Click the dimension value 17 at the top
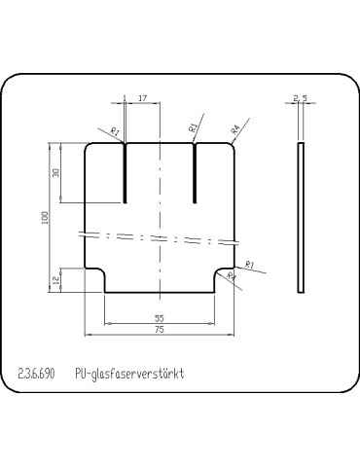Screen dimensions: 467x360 [143, 98]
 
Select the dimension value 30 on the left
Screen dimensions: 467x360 [56, 172]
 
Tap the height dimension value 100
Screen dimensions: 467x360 [45, 216]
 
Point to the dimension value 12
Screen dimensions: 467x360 [56, 280]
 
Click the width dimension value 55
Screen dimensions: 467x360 [160, 318]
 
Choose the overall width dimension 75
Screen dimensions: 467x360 [160, 331]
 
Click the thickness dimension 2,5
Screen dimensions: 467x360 [300, 98]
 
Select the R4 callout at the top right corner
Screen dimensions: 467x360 [235, 127]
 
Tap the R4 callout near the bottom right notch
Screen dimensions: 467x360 [232, 277]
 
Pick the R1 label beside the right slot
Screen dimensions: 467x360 [193, 127]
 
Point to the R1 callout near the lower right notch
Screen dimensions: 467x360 [249, 265]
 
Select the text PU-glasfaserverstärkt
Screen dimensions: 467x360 [128, 374]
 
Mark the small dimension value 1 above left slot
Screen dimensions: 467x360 [125, 98]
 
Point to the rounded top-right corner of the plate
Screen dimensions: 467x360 [232, 148]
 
